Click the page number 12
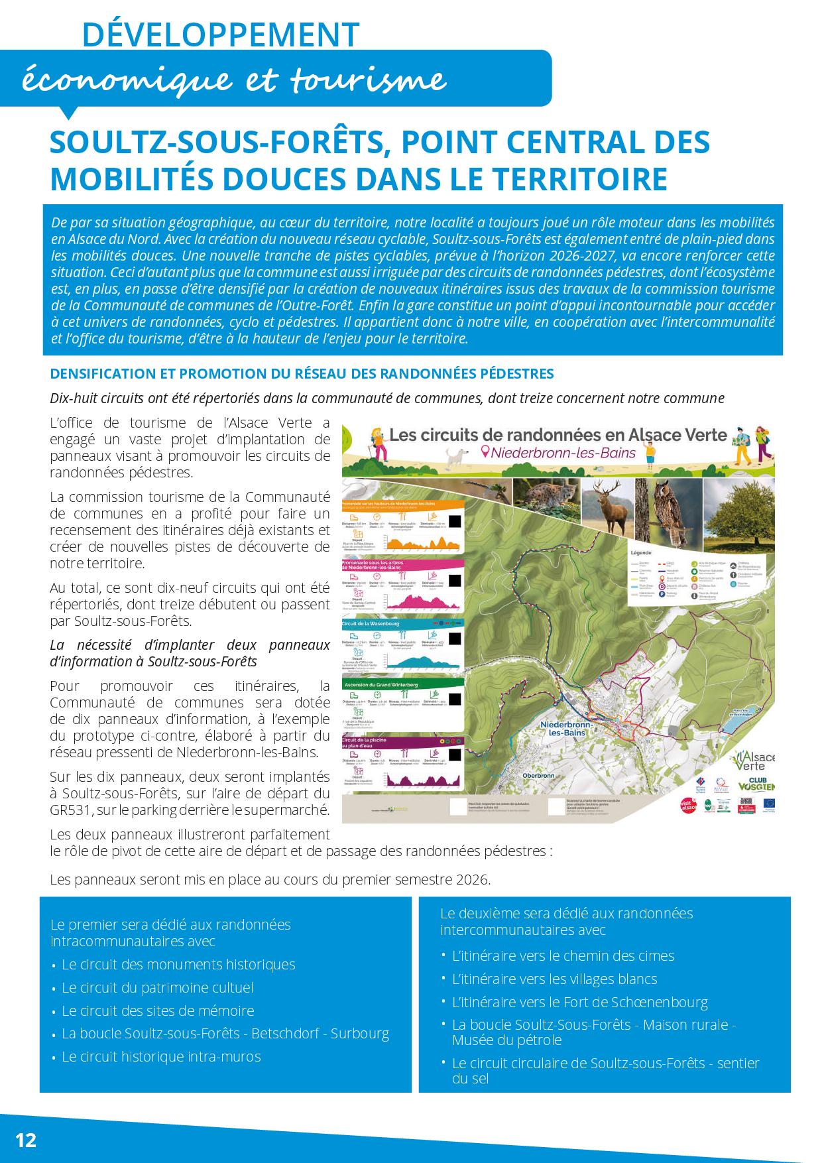(x=26, y=1140)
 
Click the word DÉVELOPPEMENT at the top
(x=221, y=34)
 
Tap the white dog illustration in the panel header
(x=456, y=456)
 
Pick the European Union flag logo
(x=768, y=803)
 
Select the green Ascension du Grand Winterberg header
(x=379, y=684)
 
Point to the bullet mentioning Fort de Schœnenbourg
(x=579, y=1002)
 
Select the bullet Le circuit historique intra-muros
(x=161, y=1056)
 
